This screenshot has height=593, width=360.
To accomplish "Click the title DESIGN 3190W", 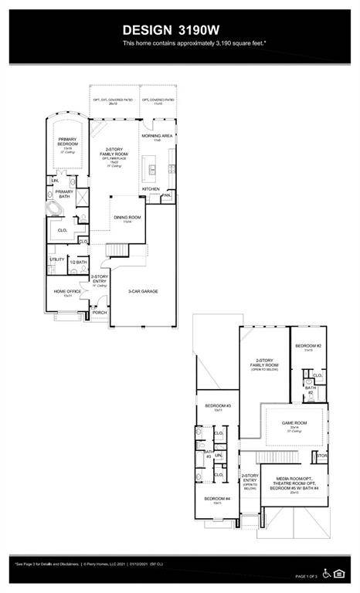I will pyautogui.click(x=179, y=29).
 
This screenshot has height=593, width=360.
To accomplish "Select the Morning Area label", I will pyautogui.click(x=156, y=137).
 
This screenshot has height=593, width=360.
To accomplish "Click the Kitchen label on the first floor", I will pyautogui.click(x=151, y=188).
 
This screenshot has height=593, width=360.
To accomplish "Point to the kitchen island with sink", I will pyautogui.click(x=153, y=168).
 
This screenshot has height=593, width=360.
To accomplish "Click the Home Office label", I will pyautogui.click(x=67, y=292).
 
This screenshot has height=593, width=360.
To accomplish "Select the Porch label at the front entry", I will pyautogui.click(x=100, y=313).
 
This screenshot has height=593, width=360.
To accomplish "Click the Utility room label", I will pyautogui.click(x=57, y=259).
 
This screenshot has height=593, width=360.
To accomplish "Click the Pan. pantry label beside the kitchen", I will pyautogui.click(x=166, y=195).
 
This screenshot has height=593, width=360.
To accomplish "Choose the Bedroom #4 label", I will pyautogui.click(x=213, y=499).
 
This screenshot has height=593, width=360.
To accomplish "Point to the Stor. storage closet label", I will pyautogui.click(x=322, y=456).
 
